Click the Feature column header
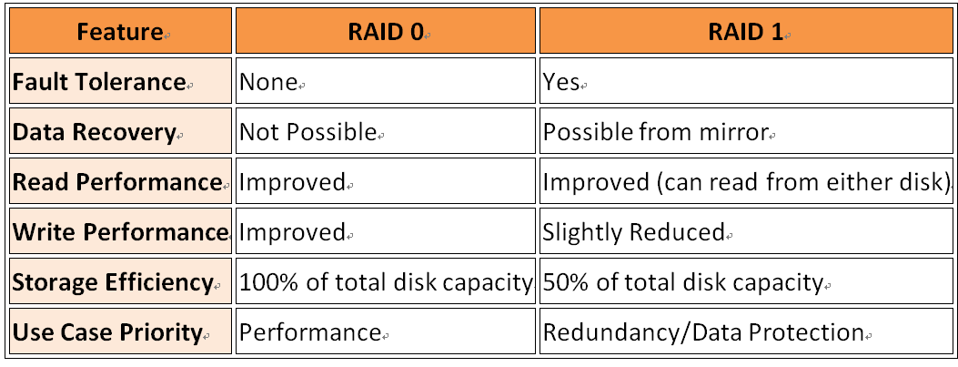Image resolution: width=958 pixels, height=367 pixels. coord(120,31)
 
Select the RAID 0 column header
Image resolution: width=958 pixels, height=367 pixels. coord(386,31)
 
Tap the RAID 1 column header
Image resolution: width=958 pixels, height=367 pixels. coord(745,31)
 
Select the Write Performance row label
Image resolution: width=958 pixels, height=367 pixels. coord(120,232)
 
